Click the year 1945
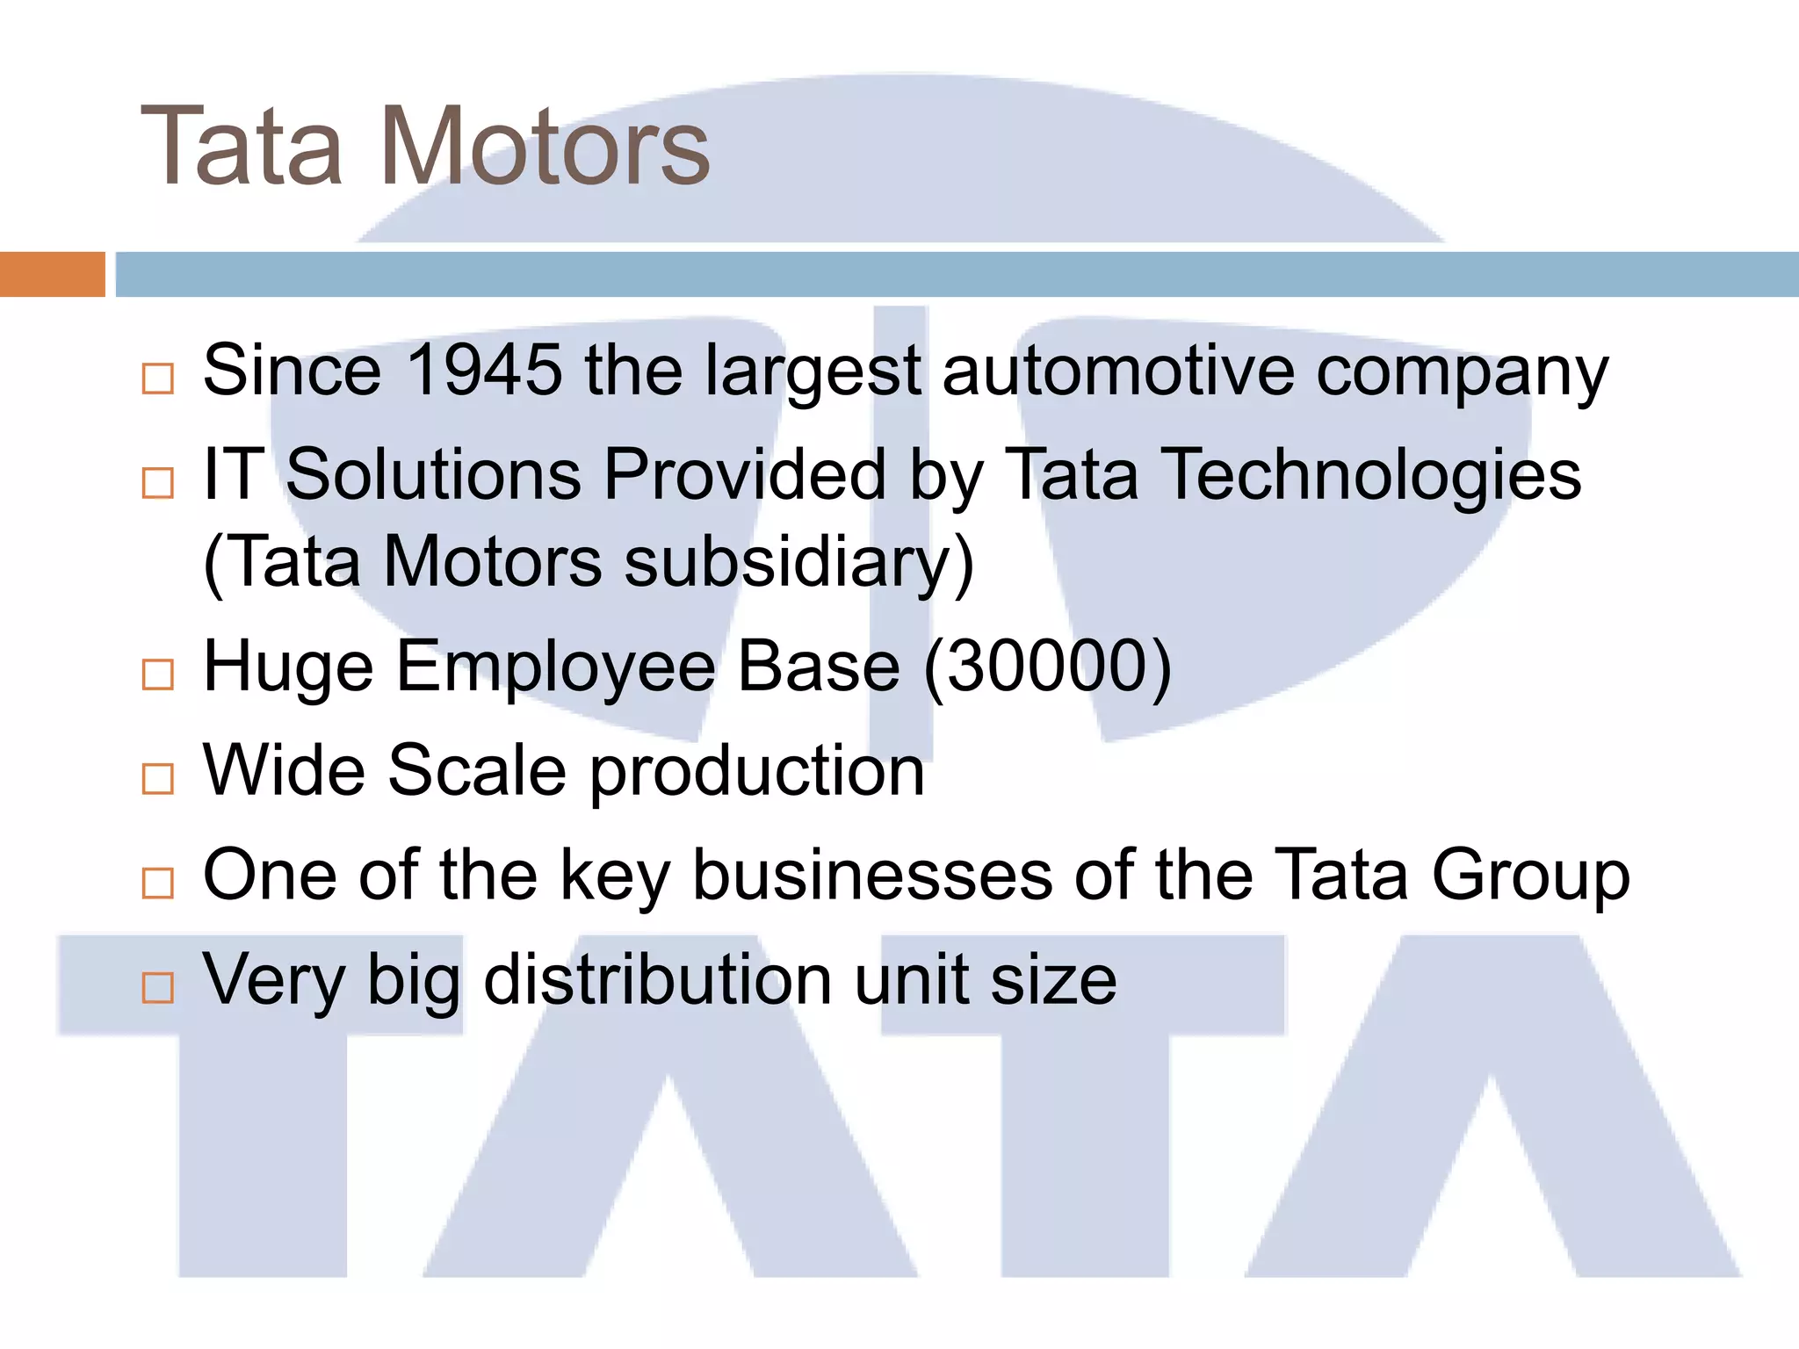(484, 370)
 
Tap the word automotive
(1117, 370)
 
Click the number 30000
(1047, 666)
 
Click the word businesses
(872, 875)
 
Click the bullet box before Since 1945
(158, 379)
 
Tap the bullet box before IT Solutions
(158, 483)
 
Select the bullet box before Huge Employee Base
(158, 674)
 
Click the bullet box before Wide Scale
(158, 779)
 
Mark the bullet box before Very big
(158, 988)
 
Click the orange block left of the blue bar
(52, 274)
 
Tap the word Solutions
(434, 475)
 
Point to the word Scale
(477, 770)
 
